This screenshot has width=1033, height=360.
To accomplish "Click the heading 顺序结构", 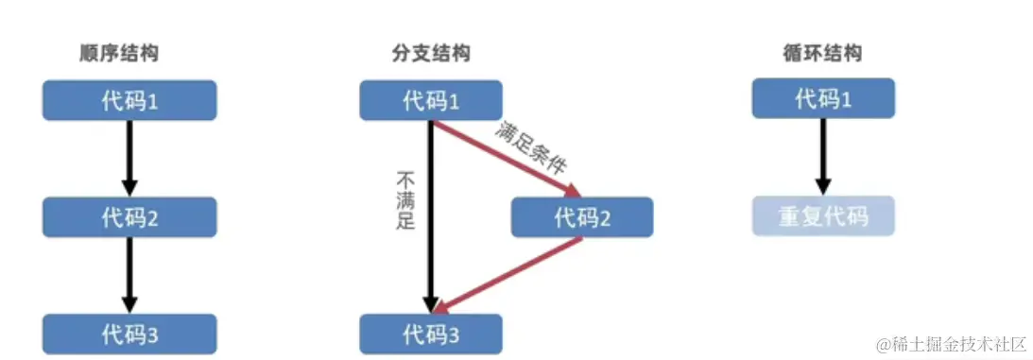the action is click(118, 54).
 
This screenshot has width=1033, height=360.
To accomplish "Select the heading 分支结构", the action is click(431, 54).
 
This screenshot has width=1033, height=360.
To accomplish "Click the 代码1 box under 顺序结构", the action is click(129, 100).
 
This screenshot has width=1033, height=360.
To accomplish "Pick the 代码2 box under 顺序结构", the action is click(129, 217).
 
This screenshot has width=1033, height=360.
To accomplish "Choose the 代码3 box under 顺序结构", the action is click(129, 334).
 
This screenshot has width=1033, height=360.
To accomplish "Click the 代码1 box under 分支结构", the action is click(431, 100).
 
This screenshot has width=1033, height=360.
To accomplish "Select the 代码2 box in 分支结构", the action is click(582, 217).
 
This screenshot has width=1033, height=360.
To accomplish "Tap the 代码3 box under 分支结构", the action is click(431, 334).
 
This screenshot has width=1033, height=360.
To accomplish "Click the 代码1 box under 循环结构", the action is click(822, 99).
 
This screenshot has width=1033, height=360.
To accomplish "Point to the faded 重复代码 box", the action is click(822, 217).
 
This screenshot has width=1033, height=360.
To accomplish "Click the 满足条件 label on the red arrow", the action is click(530, 147).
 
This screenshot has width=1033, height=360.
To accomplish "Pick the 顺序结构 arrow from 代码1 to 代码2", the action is click(130, 158).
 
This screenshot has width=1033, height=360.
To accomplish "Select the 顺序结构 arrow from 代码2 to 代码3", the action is click(130, 275).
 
